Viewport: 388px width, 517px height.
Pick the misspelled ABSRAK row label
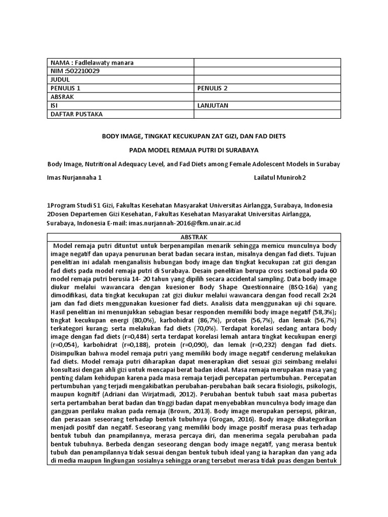(62, 97)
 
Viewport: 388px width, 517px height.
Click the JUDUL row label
(60, 80)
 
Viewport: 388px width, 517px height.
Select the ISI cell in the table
(54, 106)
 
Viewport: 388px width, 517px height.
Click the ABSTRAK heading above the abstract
(194, 237)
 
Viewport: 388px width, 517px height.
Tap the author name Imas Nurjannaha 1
(74, 178)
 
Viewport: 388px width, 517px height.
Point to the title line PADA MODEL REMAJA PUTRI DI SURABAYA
(194, 150)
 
